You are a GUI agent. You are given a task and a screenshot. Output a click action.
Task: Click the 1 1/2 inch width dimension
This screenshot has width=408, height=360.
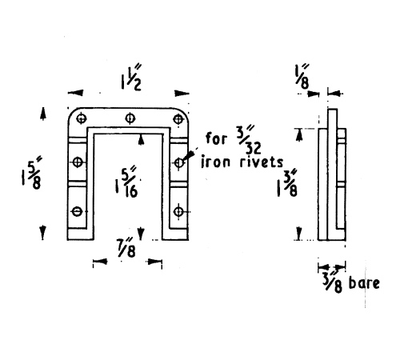pyautogui.click(x=131, y=78)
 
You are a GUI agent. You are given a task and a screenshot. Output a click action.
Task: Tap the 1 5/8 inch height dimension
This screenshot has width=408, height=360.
pyautogui.click(x=32, y=173)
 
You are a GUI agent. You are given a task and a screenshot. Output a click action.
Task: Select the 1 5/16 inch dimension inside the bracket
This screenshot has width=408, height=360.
pyautogui.click(x=126, y=182)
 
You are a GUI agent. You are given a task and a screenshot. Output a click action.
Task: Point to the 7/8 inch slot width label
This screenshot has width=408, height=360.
pyautogui.click(x=126, y=248)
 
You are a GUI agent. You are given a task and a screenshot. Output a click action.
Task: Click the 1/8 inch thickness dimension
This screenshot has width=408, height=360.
pyautogui.click(x=302, y=76)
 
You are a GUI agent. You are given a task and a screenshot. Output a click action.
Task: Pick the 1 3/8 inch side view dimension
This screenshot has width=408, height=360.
pyautogui.click(x=287, y=183)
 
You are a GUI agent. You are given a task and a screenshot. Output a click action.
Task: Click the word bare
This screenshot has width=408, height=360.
pyautogui.click(x=364, y=283)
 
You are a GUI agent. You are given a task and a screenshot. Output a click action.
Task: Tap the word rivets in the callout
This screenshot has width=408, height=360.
pyautogui.click(x=262, y=162)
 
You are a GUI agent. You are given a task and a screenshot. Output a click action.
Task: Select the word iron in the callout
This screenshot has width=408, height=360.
pyautogui.click(x=215, y=162)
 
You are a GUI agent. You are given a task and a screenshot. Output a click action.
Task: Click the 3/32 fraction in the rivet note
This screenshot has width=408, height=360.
pyautogui.click(x=249, y=140)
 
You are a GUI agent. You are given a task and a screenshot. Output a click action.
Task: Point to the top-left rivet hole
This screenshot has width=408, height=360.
pyautogui.click(x=82, y=118)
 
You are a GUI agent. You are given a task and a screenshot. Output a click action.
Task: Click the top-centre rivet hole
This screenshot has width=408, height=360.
pyautogui.click(x=130, y=118)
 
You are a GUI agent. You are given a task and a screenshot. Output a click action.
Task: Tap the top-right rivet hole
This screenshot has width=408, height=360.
pyautogui.click(x=178, y=119)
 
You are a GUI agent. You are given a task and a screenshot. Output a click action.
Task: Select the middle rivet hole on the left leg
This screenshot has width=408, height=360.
pyautogui.click(x=78, y=162)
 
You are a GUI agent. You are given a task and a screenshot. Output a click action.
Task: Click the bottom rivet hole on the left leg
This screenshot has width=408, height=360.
pyautogui.click(x=78, y=211)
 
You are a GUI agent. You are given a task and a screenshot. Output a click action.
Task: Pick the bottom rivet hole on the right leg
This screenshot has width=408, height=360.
pyautogui.click(x=178, y=212)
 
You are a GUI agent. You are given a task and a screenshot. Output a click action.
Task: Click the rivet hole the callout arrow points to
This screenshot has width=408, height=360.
pyautogui.click(x=179, y=162)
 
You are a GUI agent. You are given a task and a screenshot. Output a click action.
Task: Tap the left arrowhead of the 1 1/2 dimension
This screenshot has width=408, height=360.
pyautogui.click(x=75, y=93)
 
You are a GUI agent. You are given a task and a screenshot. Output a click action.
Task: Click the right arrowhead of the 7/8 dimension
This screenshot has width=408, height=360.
pyautogui.click(x=154, y=262)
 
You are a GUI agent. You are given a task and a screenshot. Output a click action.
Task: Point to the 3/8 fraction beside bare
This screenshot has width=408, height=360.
pyautogui.click(x=332, y=282)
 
